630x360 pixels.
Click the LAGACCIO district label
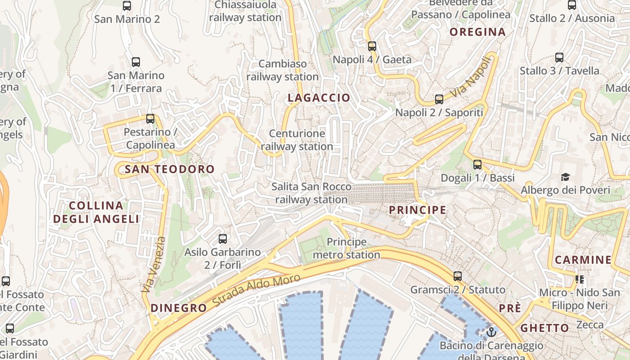tap(319, 98)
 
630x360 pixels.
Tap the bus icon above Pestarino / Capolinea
tap(150, 119)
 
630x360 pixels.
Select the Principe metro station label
tap(346, 248)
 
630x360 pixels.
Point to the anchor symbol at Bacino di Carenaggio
tap(491, 333)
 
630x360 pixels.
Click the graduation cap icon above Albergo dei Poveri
tap(565, 177)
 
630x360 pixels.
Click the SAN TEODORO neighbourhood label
tap(170, 169)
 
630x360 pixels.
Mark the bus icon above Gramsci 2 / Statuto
tap(458, 276)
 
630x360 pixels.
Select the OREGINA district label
tap(477, 32)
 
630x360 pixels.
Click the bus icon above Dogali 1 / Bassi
tap(477, 165)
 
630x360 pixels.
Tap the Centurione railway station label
tap(297, 140)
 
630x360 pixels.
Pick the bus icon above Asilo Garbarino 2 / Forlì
tap(223, 239)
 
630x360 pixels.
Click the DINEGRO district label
tap(179, 308)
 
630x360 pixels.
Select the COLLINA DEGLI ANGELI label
tap(96, 212)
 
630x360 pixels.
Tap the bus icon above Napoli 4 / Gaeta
tap(372, 46)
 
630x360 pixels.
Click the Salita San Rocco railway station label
tap(311, 193)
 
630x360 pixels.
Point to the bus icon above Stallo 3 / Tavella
tap(559, 58)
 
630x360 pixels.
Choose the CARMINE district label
tap(583, 260)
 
